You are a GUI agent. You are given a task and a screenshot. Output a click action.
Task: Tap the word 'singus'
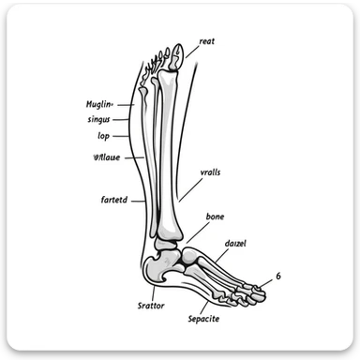pos(97,120)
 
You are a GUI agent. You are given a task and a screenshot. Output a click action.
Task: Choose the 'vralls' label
pos(212,172)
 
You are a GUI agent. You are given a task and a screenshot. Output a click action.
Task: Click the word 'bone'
pos(215,217)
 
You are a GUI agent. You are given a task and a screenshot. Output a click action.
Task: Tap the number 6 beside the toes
pos(277,275)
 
